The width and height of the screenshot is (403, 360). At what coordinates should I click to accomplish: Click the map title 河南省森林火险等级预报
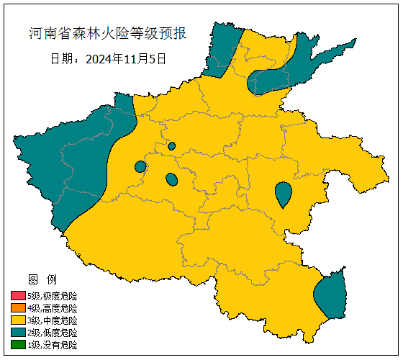coord(108,34)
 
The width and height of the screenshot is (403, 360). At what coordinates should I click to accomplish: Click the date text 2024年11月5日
coord(125,58)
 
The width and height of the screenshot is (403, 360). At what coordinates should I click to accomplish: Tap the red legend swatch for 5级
coord(18,296)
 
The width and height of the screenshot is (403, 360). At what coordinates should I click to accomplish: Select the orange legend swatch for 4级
coord(18,308)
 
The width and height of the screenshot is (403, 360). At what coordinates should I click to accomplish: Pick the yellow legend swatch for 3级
coord(18,320)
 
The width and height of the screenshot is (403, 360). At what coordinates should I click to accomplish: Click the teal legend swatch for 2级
coord(18,333)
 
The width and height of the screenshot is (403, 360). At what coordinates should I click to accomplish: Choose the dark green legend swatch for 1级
coord(18,345)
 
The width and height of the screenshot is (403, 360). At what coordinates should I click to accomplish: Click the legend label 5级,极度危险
coord(52,296)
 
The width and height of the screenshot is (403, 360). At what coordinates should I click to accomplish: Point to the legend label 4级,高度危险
coord(52,308)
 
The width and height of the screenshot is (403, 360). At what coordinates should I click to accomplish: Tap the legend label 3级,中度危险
coord(52,320)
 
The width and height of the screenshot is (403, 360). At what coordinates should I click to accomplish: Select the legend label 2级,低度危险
coord(52,333)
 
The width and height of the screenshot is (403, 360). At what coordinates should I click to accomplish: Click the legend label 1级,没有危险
coord(52,345)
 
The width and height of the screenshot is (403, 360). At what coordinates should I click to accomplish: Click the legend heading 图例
coord(42,279)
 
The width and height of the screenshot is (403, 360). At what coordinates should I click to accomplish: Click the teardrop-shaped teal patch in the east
coord(284,192)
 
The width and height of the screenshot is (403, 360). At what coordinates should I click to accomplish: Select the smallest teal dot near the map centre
coord(171,146)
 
